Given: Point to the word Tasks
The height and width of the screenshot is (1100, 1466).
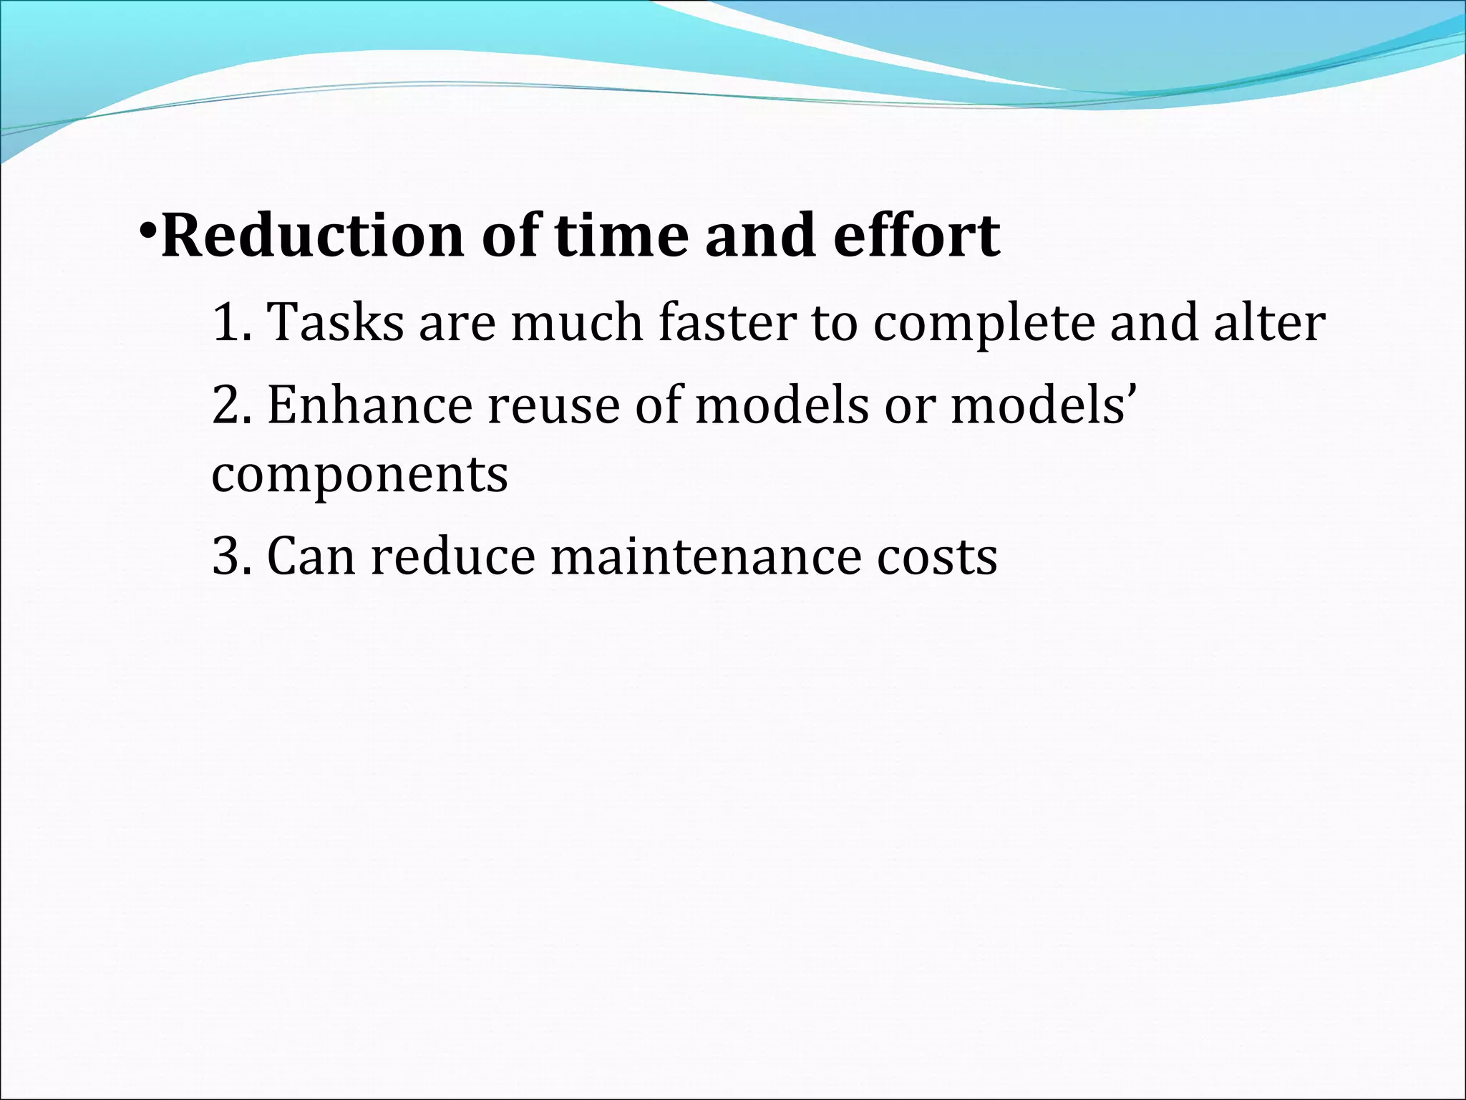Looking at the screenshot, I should coord(335,322).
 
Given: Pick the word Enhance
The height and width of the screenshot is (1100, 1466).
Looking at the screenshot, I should coord(369,405).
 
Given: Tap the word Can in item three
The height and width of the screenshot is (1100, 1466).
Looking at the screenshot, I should coord(311,556).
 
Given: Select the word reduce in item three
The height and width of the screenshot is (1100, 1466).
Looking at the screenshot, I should coord(452,556).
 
